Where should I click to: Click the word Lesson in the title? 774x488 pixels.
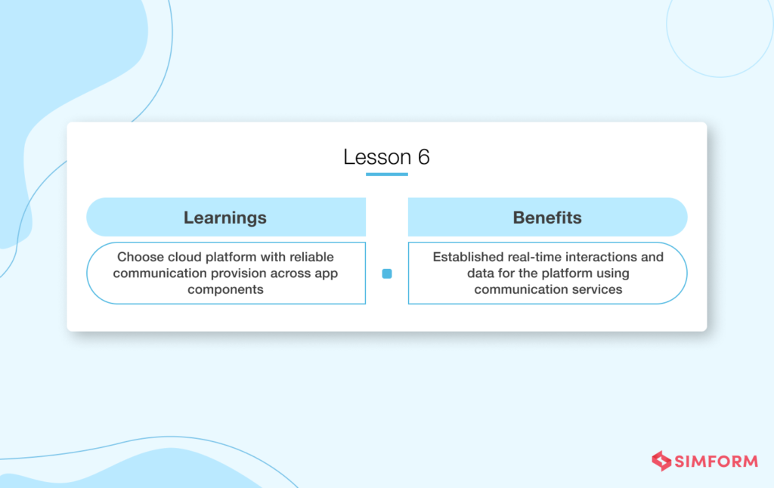pos(376,157)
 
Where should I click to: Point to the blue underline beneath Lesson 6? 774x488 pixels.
pos(386,175)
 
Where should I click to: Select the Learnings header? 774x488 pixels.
pos(225,218)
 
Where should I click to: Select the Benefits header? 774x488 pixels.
pos(547,218)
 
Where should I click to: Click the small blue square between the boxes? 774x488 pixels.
pos(387,274)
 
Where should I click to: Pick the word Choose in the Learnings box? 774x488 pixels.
pos(138,257)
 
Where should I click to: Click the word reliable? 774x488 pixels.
pos(310,257)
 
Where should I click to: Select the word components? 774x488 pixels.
pos(225,289)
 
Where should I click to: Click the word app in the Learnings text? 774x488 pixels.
pos(324,273)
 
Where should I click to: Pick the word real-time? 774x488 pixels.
pos(534,257)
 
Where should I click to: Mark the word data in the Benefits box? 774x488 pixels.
pos(481,273)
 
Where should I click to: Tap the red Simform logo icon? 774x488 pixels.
pos(661,461)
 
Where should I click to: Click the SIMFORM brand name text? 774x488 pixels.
pos(716,461)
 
